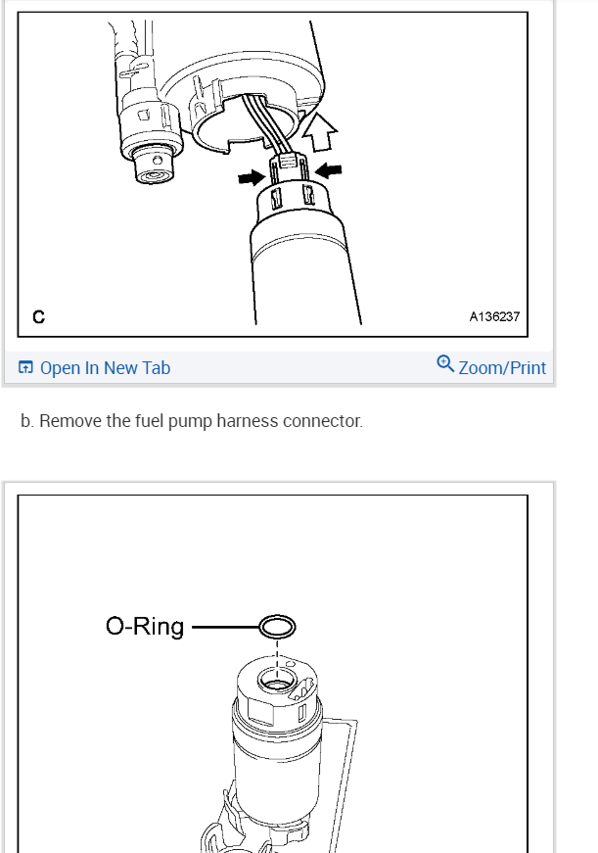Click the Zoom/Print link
tap(502, 368)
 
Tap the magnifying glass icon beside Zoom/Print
tap(445, 363)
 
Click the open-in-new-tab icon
tap(25, 367)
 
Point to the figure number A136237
tap(494, 316)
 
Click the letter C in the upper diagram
tap(38, 316)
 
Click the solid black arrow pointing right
tap(252, 177)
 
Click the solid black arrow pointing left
tap(328, 170)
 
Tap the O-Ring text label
tap(145, 627)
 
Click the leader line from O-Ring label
tap(226, 627)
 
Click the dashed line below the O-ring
tap(277, 659)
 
